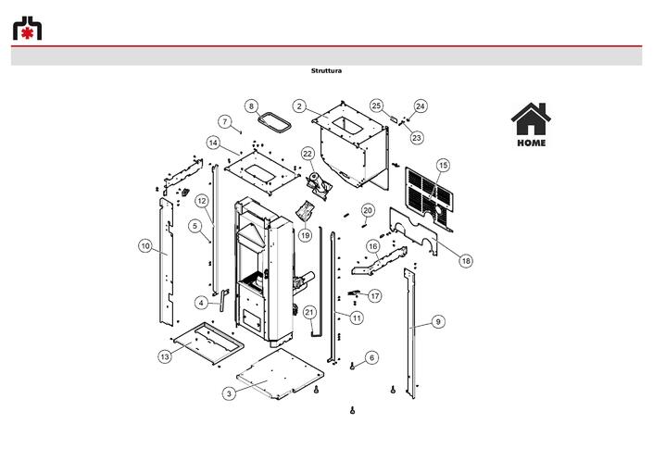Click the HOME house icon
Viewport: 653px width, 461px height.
point(531,119)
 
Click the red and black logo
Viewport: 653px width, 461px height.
point(27,29)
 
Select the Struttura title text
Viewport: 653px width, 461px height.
point(326,70)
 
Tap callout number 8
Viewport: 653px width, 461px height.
point(251,106)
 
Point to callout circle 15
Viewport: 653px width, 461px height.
point(443,165)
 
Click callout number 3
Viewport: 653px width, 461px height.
point(229,393)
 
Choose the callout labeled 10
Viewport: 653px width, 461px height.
point(144,246)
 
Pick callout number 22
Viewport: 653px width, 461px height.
point(308,154)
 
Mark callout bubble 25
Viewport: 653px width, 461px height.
point(376,106)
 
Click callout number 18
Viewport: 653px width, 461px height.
point(466,261)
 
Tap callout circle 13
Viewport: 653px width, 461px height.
point(165,356)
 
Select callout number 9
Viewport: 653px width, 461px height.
point(438,321)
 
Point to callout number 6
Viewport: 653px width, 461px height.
point(372,357)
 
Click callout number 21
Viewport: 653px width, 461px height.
point(309,313)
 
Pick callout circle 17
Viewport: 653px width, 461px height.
point(375,296)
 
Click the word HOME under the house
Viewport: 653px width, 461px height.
point(532,143)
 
